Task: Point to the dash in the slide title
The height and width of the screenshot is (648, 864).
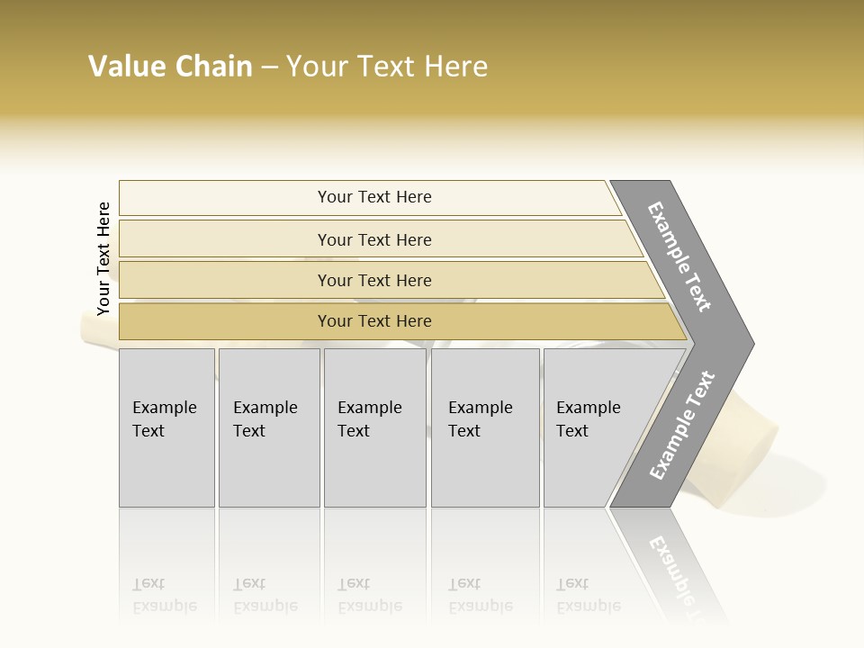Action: point(269,67)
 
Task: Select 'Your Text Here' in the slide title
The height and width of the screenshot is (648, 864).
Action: point(387,67)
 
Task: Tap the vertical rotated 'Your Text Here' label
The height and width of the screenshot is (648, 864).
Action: point(103,258)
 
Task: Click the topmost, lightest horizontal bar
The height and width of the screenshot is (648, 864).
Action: point(373,197)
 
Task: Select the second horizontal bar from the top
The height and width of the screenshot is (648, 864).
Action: point(373,239)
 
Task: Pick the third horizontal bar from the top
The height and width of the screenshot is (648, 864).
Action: point(373,280)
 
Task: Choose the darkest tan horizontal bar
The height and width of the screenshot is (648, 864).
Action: point(373,321)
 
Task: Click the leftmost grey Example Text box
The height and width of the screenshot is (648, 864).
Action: point(166,427)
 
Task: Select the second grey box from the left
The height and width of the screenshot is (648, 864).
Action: point(268,427)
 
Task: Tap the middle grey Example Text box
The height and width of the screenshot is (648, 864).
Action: point(374,427)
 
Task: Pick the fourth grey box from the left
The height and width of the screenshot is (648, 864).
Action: point(485,427)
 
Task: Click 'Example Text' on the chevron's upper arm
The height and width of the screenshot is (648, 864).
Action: point(679,256)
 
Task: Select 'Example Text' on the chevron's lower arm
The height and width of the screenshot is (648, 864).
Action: point(682,425)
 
